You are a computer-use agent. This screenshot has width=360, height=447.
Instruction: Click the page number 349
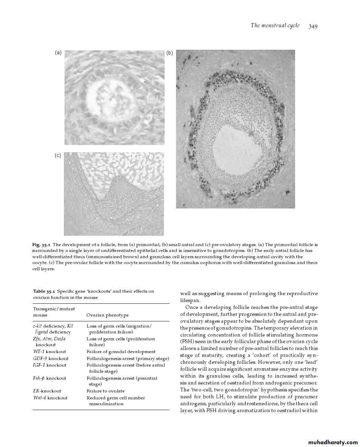(313, 26)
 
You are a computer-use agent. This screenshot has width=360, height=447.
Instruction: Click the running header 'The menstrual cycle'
(275, 26)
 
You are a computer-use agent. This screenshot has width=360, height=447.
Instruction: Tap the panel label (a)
(58, 53)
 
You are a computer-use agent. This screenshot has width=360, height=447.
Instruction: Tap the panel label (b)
(169, 53)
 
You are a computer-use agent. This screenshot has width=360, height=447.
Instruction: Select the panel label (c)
(58, 156)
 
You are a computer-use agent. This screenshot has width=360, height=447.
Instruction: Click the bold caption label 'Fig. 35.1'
(41, 245)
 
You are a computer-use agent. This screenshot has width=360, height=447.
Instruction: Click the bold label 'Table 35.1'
(44, 291)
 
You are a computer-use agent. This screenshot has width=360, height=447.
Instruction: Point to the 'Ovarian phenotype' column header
(107, 315)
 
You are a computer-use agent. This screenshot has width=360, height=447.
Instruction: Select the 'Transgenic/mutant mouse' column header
(54, 312)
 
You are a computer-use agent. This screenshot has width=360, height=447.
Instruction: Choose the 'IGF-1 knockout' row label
(50, 365)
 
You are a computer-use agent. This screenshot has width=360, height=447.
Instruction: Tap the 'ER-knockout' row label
(47, 391)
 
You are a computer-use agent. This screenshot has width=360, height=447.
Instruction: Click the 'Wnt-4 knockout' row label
(50, 398)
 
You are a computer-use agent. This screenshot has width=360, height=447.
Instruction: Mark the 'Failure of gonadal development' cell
(121, 352)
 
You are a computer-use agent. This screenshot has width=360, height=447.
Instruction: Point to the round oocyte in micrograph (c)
(120, 187)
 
